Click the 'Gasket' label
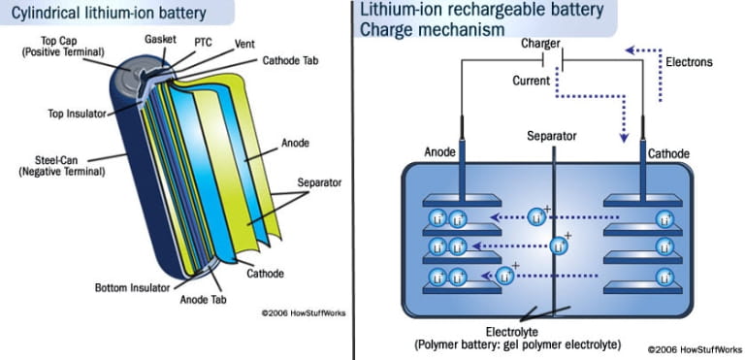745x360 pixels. (x=160, y=39)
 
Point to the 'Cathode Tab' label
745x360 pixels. (x=294, y=60)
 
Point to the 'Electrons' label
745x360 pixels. (x=690, y=62)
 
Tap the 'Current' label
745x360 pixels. (x=533, y=81)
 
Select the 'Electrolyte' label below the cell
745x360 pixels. (x=528, y=331)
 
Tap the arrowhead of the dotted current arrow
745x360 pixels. (x=626, y=136)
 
